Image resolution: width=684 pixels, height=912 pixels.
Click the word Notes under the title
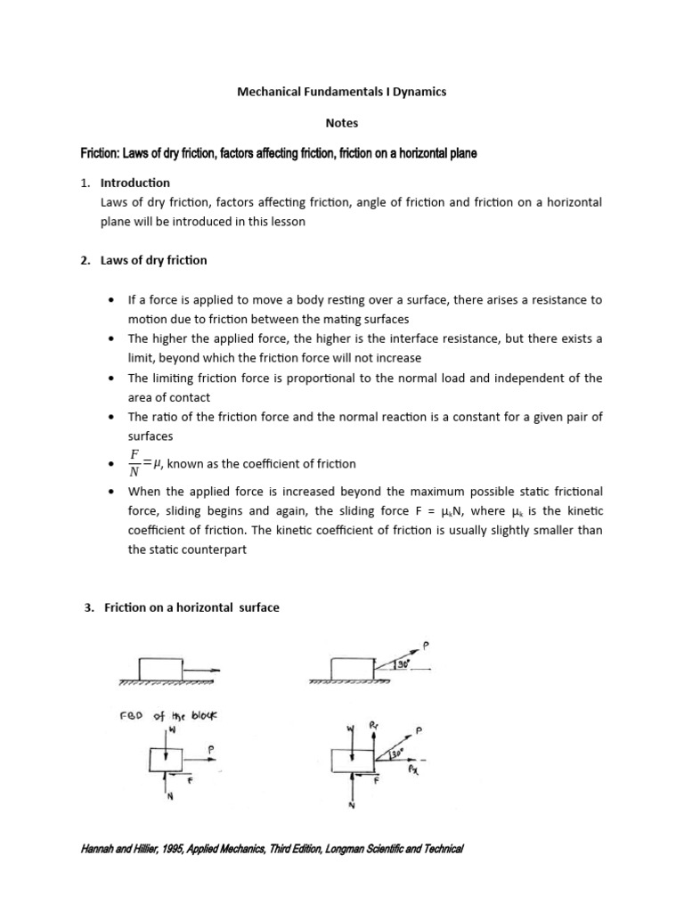pyautogui.click(x=342, y=122)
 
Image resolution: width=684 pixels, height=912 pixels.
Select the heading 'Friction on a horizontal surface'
pyautogui.click(x=191, y=607)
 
